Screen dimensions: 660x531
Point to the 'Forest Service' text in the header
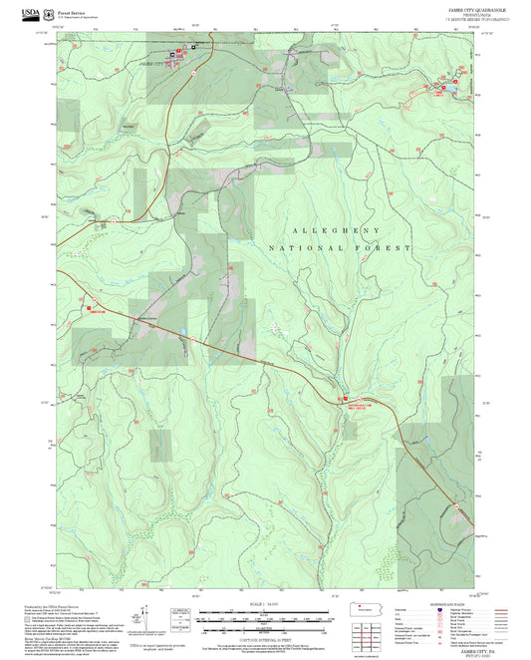tap(76, 11)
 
